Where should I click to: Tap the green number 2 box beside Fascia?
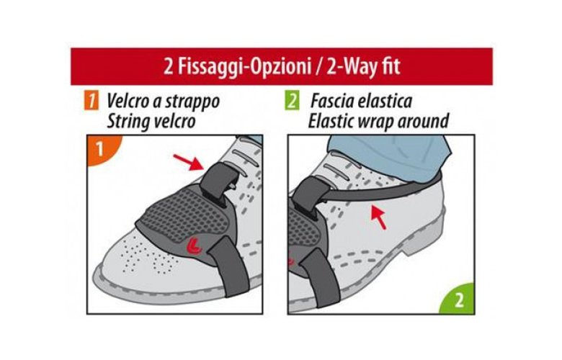(292, 101)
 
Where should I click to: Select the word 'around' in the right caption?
(424, 121)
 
